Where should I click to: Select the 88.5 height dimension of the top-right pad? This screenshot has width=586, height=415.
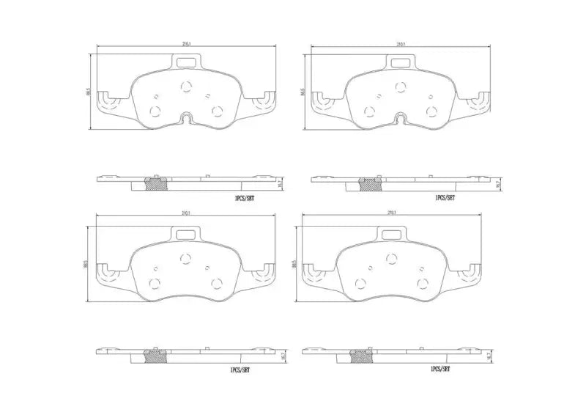[x=303, y=94]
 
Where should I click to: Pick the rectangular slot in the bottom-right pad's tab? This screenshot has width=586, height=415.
[x=390, y=235]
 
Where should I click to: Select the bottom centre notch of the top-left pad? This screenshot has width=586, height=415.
[x=186, y=119]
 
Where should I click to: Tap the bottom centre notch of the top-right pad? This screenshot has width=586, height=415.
[x=400, y=119]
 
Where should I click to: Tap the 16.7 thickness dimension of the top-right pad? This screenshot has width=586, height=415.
[x=497, y=185]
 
